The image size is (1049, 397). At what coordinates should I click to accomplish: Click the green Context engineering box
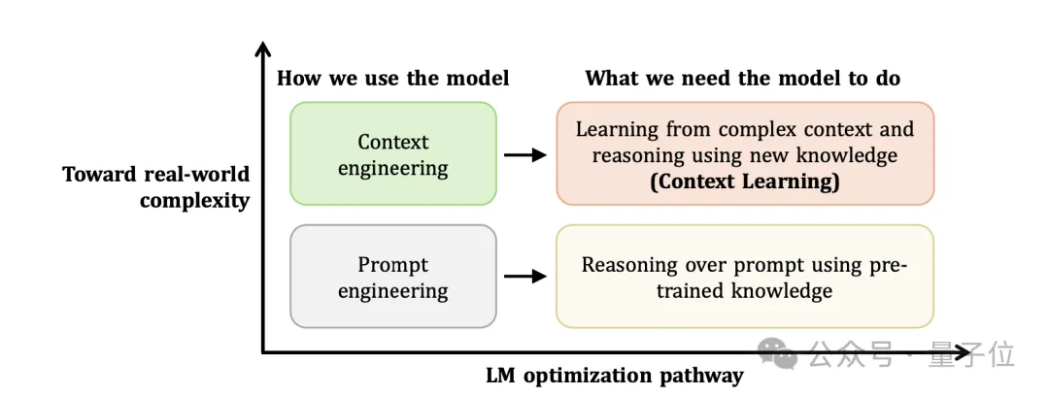tap(392, 153)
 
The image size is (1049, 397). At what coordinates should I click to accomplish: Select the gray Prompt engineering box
tap(392, 277)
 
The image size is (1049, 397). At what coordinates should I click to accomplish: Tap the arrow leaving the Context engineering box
tap(525, 153)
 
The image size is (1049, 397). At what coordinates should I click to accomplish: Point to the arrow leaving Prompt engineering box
tap(525, 277)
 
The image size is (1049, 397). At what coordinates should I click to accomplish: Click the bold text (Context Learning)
tap(744, 181)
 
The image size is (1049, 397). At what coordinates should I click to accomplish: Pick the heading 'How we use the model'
tap(392, 79)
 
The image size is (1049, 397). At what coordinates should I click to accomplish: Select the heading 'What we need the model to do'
tap(743, 79)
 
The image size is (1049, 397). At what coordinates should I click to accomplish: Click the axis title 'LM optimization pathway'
tap(614, 375)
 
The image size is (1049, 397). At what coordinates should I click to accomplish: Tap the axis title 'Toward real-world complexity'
tap(156, 187)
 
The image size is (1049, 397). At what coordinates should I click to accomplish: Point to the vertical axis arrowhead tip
tap(262, 43)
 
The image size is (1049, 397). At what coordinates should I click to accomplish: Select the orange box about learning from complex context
tap(744, 153)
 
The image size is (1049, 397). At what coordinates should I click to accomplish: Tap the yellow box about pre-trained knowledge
tap(744, 277)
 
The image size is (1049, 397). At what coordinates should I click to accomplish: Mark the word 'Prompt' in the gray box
tap(392, 264)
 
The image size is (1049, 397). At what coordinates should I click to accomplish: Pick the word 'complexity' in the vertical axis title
tap(194, 201)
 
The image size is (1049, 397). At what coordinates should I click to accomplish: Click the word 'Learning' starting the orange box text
tap(616, 128)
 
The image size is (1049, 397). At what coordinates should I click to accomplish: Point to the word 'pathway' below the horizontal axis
tap(704, 375)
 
